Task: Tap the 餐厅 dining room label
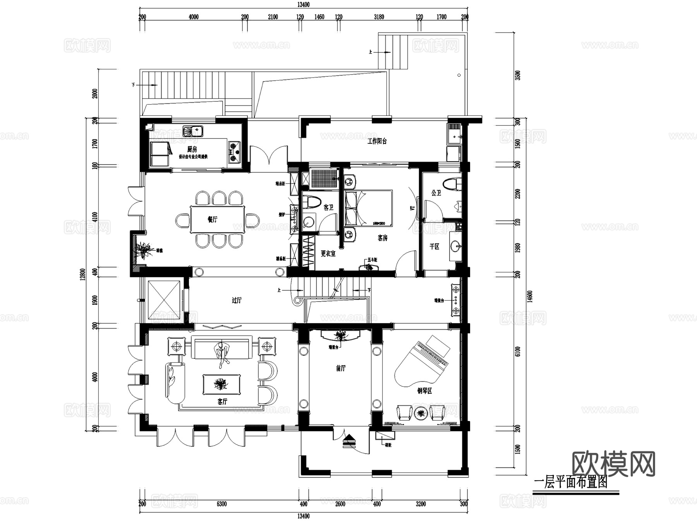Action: point(213,219)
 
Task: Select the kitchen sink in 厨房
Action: point(192,131)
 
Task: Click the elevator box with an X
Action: point(164,300)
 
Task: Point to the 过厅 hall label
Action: point(237,300)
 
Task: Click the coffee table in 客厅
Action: point(221,384)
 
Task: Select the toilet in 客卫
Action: point(312,203)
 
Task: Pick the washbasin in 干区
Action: point(455,246)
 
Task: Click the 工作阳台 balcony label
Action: point(377,141)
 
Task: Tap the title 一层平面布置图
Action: point(570,482)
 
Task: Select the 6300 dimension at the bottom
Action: point(221,504)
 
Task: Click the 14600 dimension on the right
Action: point(530,296)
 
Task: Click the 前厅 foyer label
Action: point(341,368)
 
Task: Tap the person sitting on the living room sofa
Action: point(221,353)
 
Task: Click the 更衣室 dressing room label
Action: point(328,254)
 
